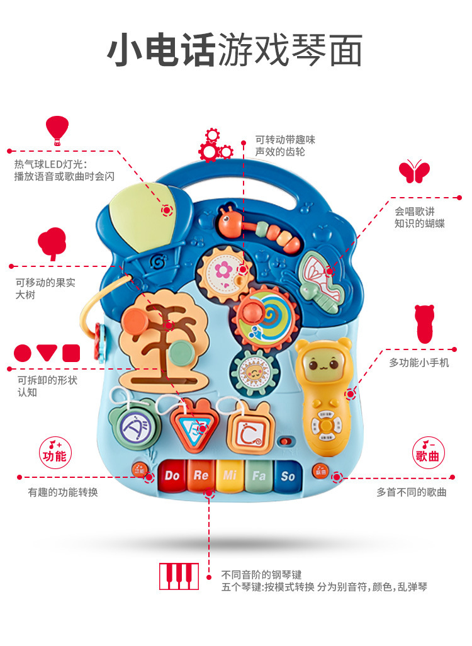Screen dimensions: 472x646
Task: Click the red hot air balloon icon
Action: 57,130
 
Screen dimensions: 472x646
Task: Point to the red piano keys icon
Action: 179,576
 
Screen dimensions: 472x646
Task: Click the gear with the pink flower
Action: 223,271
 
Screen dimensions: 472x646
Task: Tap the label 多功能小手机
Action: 419,363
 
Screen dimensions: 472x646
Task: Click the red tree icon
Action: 52,243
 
